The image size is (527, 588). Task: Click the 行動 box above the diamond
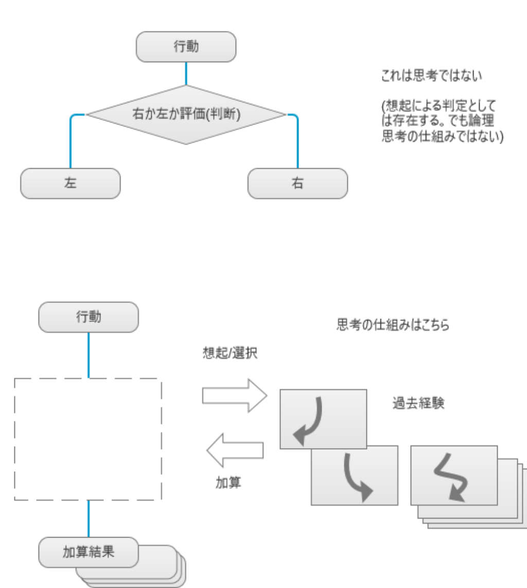(186, 47)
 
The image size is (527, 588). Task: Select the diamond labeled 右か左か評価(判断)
(186, 115)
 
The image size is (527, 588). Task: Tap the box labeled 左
(71, 183)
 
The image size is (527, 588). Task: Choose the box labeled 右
(297, 183)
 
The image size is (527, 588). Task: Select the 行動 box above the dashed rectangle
(89, 317)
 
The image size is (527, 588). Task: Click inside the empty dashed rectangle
(87, 439)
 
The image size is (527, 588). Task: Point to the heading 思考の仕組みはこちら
(393, 325)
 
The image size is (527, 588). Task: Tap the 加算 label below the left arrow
(227, 483)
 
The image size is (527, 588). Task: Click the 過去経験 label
(418, 403)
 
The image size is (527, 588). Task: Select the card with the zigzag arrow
(454, 475)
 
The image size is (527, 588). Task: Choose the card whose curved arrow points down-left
(323, 419)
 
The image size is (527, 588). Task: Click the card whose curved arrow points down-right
(354, 474)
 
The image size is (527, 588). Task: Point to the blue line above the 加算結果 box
(89, 519)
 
